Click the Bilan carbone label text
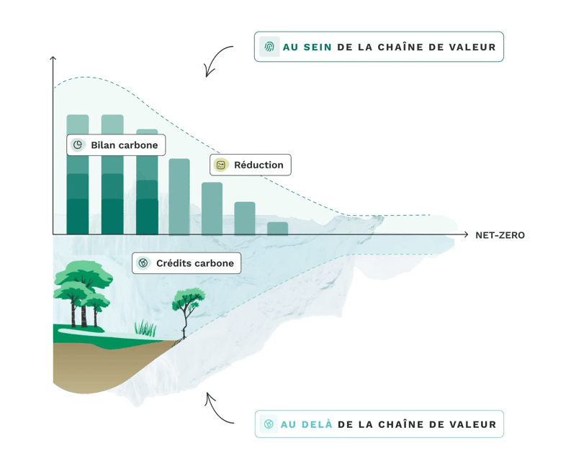pyautogui.click(x=124, y=145)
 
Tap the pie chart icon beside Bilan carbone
pyautogui.click(x=78, y=145)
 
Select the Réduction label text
pyautogui.click(x=258, y=165)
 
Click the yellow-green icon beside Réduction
pyautogui.click(x=221, y=165)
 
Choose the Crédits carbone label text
pyautogui.click(x=194, y=263)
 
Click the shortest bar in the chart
pyautogui.click(x=277, y=228)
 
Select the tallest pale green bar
pyautogui.click(x=179, y=196)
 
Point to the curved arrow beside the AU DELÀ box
pyautogui.click(x=218, y=408)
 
